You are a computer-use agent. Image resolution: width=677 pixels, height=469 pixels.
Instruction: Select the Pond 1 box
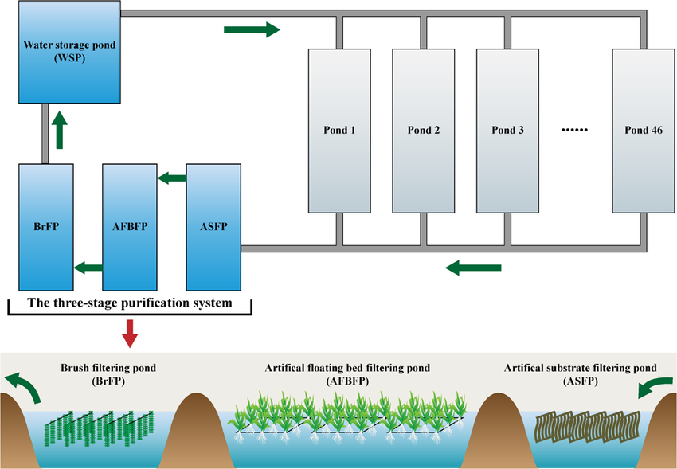(x=339, y=131)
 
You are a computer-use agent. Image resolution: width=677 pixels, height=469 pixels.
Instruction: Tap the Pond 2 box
(x=424, y=131)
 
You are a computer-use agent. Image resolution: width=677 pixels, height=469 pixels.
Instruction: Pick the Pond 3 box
(x=508, y=131)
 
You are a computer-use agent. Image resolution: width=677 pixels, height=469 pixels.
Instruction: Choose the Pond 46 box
(x=643, y=131)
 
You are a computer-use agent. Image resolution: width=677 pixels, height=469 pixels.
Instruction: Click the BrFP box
(x=45, y=226)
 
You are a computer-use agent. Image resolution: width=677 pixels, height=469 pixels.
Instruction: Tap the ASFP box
(x=213, y=226)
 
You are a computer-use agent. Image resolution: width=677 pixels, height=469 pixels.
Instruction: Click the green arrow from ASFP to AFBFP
(x=171, y=178)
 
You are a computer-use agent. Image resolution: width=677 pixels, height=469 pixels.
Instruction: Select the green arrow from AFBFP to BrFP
(x=88, y=268)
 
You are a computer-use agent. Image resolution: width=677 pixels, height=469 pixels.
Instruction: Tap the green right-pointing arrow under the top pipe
(x=252, y=30)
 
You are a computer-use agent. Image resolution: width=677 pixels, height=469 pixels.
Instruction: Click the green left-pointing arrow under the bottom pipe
(x=473, y=268)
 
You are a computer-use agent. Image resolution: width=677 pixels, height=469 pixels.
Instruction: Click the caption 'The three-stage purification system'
(x=130, y=303)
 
